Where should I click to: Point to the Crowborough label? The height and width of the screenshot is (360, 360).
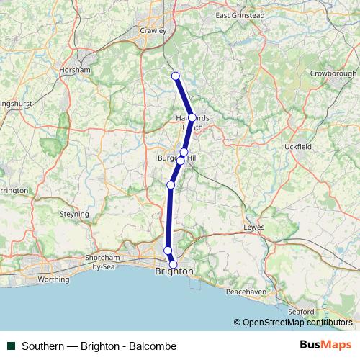click(333, 73)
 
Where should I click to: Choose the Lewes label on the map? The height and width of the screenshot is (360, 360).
click(255, 227)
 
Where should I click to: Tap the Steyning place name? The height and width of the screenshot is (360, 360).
click(74, 214)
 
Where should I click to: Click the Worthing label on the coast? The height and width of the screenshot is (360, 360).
click(53, 279)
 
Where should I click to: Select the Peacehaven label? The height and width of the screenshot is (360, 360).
click(247, 292)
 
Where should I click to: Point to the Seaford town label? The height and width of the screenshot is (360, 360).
click(300, 311)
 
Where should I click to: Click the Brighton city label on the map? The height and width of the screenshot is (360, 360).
click(174, 271)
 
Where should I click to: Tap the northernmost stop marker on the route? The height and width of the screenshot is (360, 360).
click(175, 76)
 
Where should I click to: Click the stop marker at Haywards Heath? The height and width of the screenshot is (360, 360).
click(192, 117)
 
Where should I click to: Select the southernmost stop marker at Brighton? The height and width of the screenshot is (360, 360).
click(173, 264)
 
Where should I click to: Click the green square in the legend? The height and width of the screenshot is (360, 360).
click(12, 346)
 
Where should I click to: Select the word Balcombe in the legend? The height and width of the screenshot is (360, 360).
click(153, 346)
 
